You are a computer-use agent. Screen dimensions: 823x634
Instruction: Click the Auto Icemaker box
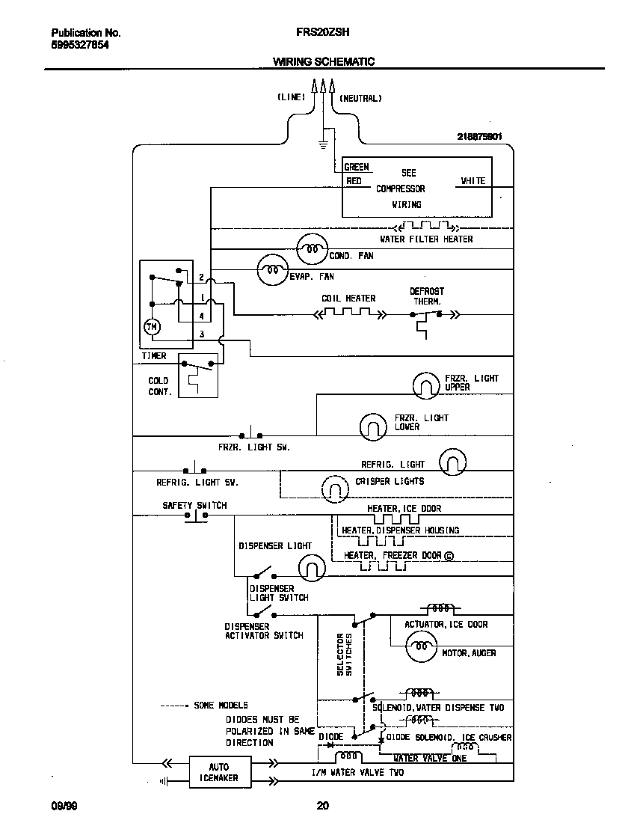coord(219,772)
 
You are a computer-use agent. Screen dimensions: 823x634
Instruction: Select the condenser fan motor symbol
coord(312,247)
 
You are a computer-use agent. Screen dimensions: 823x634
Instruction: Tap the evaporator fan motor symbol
coord(272,271)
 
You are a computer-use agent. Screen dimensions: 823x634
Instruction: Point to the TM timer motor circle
coord(152,326)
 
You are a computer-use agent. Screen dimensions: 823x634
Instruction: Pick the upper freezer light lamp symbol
coord(427,385)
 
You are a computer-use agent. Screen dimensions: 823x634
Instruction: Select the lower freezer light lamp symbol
coord(373,426)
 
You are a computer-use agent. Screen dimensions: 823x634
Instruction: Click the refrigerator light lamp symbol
coord(452,462)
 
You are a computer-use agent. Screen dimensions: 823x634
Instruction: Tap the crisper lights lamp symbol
coord(336,489)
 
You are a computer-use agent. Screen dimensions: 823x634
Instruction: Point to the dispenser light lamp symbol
coord(312,569)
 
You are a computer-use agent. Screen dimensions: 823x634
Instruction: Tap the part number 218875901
coord(479,137)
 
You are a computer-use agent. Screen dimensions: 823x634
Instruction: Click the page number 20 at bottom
coord(322,806)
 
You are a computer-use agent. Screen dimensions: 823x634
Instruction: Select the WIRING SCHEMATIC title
coord(323,61)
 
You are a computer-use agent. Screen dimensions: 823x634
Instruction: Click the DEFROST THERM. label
coord(426,296)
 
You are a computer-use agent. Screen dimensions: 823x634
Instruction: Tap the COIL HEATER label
coord(348,299)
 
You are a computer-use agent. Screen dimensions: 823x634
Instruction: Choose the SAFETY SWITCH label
coord(194,506)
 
